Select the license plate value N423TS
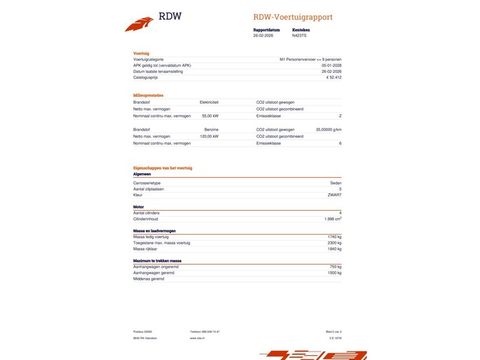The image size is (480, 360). [299, 36]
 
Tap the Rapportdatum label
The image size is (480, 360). [266, 30]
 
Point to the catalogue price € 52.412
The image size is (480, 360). [334, 77]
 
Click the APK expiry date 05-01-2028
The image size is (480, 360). [331, 66]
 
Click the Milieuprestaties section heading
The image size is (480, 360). [149, 95]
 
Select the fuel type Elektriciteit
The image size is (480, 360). [209, 102]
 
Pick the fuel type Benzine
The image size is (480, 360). [211, 130]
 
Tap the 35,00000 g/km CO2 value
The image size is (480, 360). [329, 130]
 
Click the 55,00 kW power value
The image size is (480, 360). [210, 116]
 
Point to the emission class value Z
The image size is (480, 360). [340, 116]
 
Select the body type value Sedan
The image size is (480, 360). [336, 183]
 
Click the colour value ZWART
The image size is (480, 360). [334, 195]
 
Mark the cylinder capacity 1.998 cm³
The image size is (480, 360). [333, 219]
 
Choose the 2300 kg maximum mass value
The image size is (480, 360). [334, 242]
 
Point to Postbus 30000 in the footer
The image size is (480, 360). [142, 331]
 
